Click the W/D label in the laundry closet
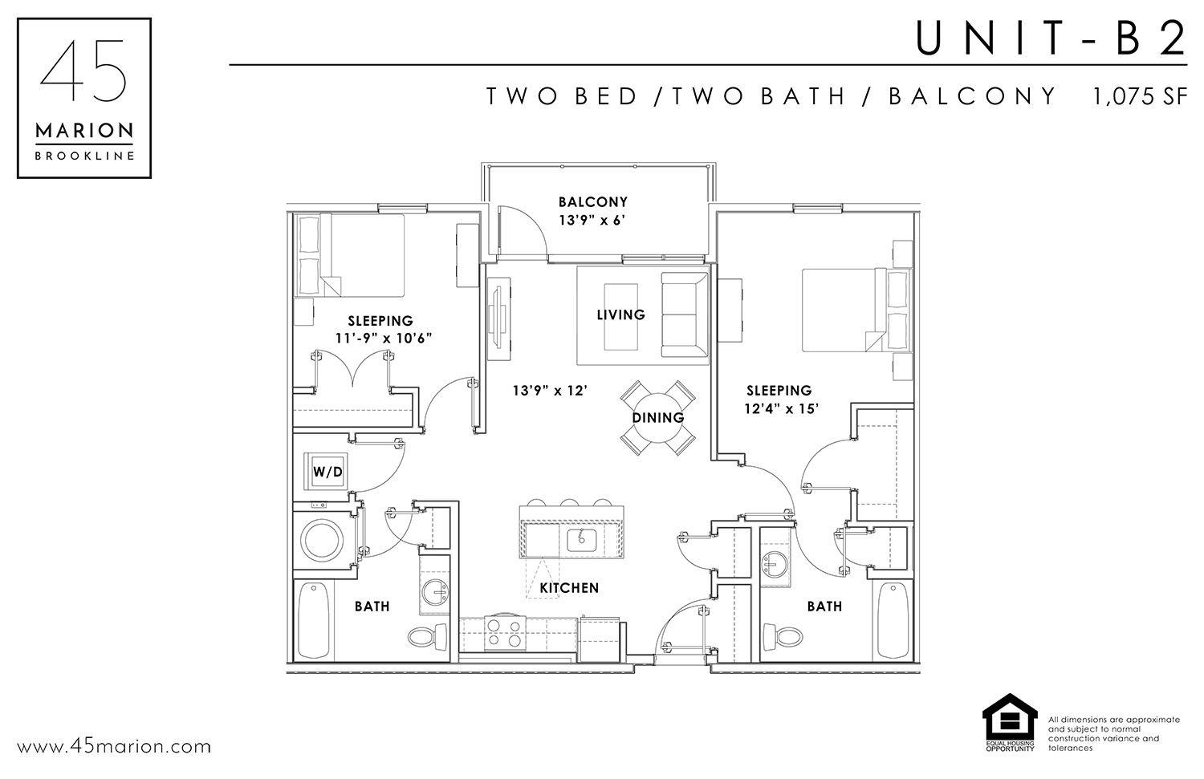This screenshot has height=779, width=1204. tap(327, 473)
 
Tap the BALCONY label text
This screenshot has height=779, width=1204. tap(593, 202)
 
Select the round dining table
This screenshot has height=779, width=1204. tap(658, 418)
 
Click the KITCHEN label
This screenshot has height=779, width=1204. tap(569, 588)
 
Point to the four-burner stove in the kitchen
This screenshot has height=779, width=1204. tap(504, 634)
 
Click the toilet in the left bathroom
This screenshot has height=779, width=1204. tap(428, 637)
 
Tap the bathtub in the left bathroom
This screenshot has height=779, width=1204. tap(314, 620)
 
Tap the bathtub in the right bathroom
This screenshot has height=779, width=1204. tap(893, 620)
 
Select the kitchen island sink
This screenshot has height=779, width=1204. tap(581, 540)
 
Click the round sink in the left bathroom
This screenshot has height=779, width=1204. tap(435, 593)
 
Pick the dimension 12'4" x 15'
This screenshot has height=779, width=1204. tap(781, 409)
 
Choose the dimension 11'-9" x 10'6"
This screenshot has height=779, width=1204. tap(384, 339)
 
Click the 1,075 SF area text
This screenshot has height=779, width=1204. tap(1140, 97)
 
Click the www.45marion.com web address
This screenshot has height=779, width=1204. tap(114, 747)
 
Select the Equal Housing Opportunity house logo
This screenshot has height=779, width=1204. tap(1010, 722)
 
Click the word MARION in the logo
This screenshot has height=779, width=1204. tap(84, 131)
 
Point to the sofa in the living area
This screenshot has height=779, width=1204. tap(685, 314)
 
